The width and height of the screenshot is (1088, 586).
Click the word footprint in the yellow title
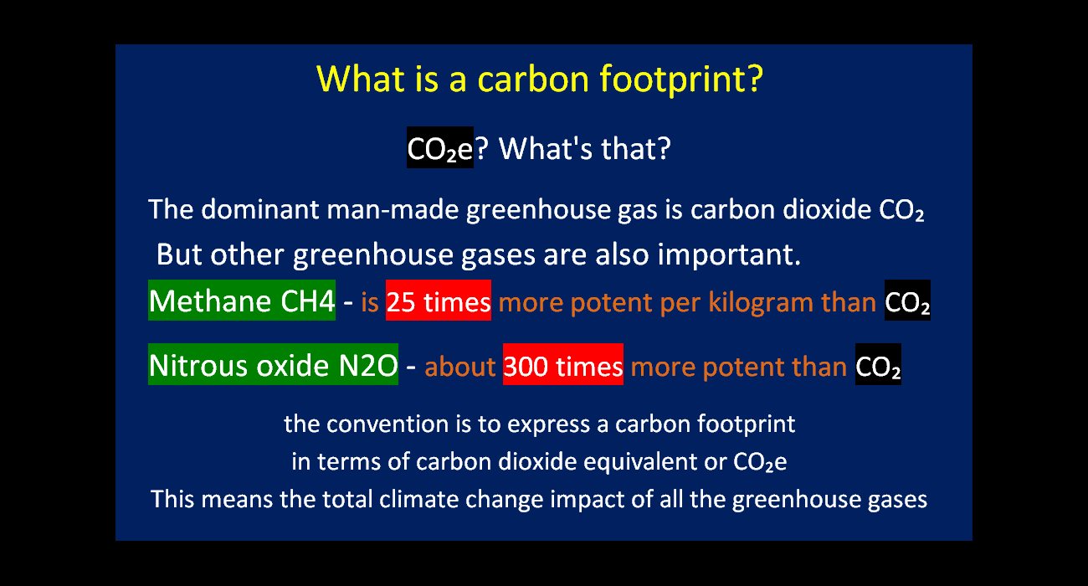[681, 79]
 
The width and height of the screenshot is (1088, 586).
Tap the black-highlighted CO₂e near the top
[440, 147]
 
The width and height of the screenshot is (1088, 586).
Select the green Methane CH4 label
[242, 301]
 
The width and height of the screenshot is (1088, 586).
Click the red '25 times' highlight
[439, 301]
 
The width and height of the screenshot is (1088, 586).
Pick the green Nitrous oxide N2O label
[273, 364]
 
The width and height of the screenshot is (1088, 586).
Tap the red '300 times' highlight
[563, 364]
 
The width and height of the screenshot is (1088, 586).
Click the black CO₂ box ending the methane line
[907, 301]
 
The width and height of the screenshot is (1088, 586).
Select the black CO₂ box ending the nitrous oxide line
[878, 364]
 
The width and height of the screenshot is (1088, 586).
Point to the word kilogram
[760, 303]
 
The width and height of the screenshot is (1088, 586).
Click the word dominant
[259, 209]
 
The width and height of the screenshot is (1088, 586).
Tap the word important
[729, 255]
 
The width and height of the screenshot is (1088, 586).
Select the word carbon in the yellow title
[533, 79]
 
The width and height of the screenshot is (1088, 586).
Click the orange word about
[460, 367]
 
